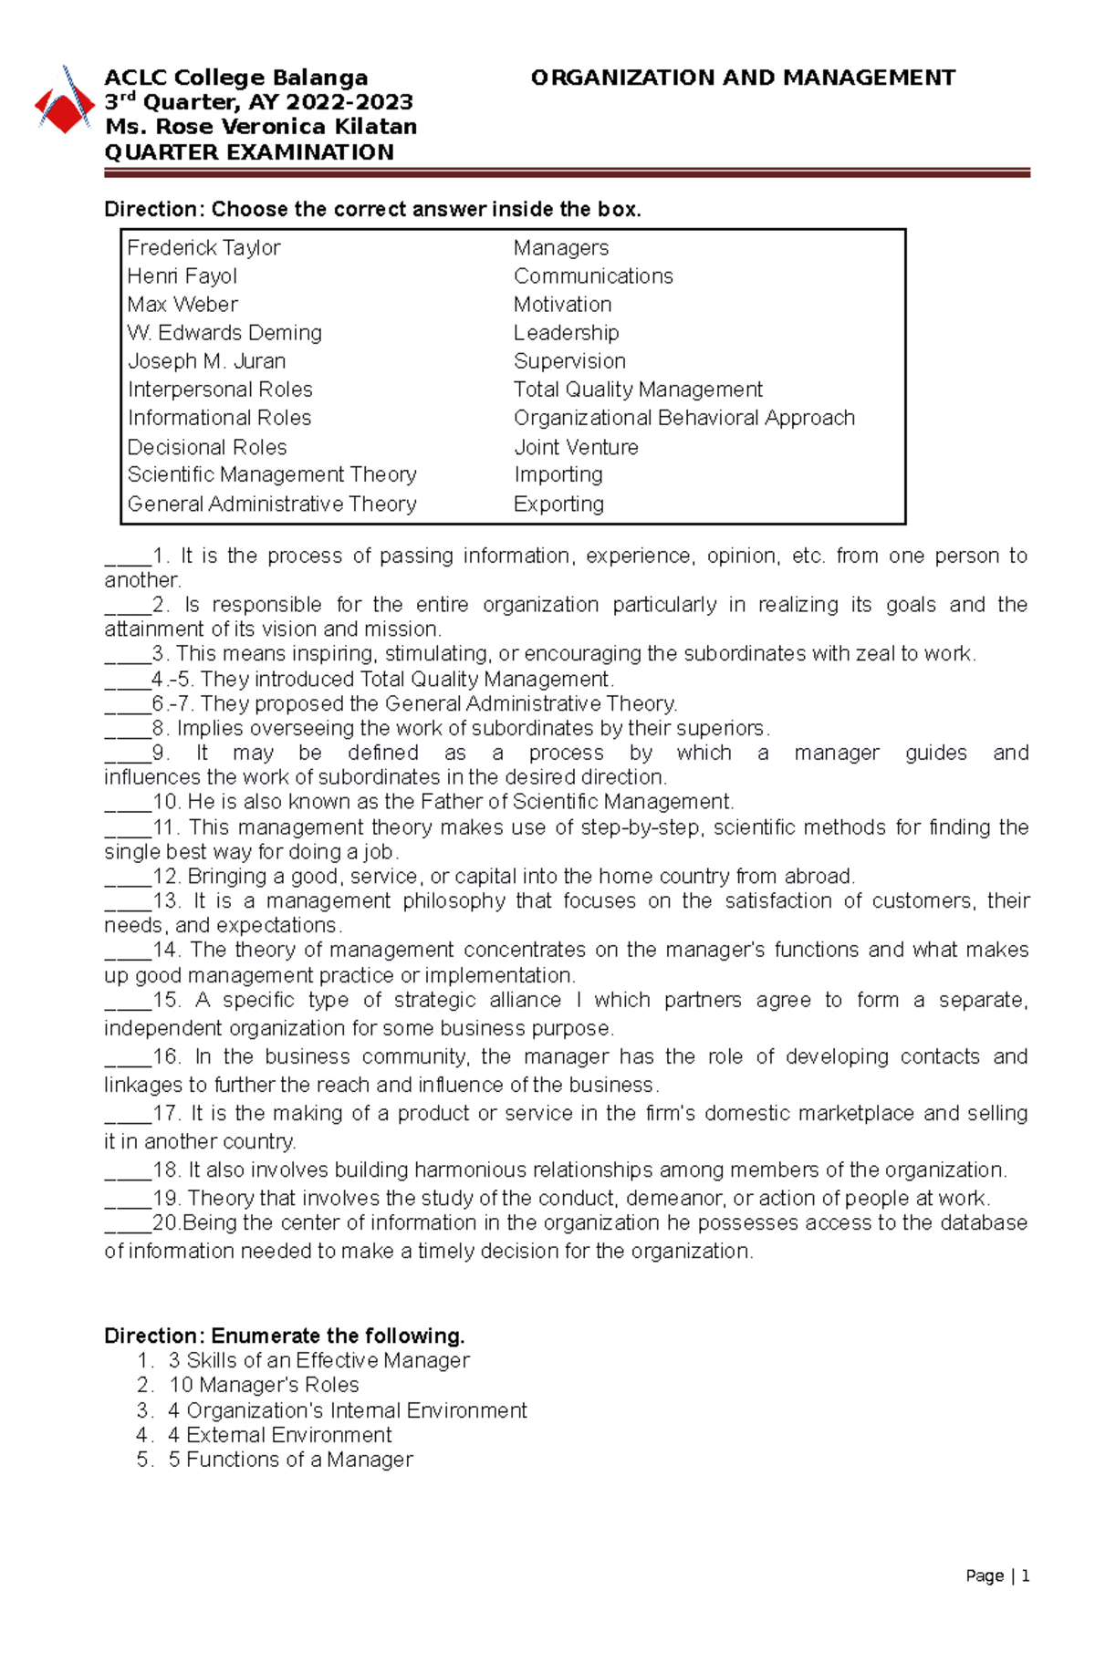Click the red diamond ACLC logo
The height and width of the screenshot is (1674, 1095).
pos(64,107)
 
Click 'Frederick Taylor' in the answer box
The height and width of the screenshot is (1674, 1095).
pos(203,247)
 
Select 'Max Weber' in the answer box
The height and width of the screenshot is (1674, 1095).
pos(182,304)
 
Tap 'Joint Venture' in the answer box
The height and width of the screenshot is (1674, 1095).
pos(576,447)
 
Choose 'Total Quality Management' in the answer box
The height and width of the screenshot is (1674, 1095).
pos(638,390)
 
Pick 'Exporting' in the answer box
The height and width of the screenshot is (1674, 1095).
pos(558,504)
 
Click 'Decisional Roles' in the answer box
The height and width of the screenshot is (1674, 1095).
pos(207,447)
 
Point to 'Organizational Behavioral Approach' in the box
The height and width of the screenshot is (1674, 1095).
pos(684,418)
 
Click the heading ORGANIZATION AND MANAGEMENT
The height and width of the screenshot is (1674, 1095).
pos(743,78)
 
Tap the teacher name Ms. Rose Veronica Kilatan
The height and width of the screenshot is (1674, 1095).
pos(261,127)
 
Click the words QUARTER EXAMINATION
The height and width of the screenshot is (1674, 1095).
pos(249,152)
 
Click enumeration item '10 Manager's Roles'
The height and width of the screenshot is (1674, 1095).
pos(264,1385)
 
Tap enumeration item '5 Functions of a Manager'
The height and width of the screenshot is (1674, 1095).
pos(290,1460)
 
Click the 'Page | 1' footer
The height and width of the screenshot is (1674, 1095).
pos(997,1575)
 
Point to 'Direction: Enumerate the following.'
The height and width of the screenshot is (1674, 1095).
pos(285,1336)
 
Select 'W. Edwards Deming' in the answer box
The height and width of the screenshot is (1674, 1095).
pos(224,333)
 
